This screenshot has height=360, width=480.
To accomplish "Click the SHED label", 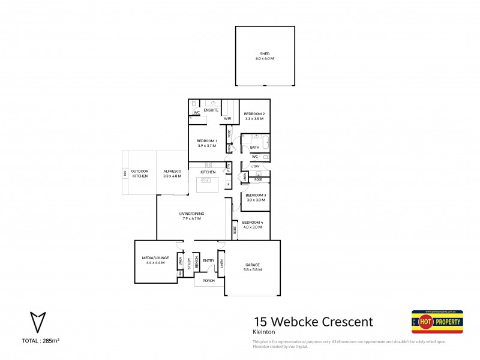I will tap(265, 55).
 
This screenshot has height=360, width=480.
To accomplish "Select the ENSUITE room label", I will tap(211, 111).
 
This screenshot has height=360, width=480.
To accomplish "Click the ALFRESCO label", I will tap(172, 172).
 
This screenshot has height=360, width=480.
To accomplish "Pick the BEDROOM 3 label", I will tap(256, 195).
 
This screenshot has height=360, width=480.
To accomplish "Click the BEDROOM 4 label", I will tap(253, 223).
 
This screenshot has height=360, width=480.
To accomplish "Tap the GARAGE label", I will tap(253, 265).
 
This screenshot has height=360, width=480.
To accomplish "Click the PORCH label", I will tap(208, 281).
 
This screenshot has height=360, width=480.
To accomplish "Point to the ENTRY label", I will tap(208, 260).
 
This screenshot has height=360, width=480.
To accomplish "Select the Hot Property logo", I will tap(437, 322).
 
